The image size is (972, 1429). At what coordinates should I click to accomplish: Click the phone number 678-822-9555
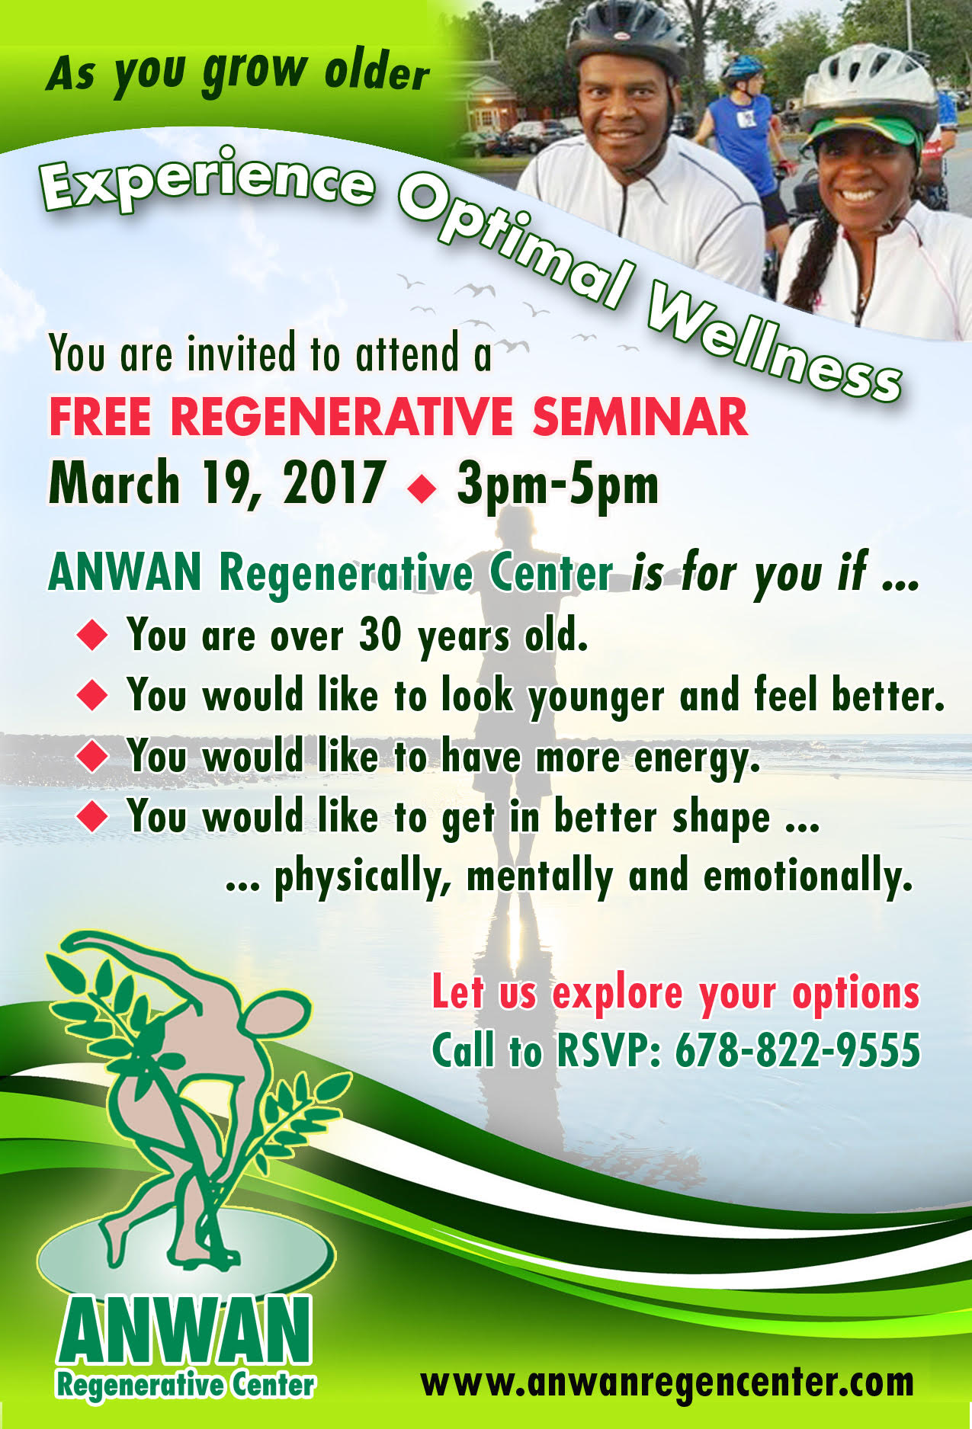click(797, 1050)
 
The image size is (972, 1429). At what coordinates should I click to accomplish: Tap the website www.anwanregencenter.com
click(667, 1382)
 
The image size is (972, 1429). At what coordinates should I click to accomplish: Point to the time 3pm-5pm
click(557, 485)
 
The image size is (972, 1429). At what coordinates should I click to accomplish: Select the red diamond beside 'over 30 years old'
click(93, 635)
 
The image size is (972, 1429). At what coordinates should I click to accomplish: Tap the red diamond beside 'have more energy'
click(93, 757)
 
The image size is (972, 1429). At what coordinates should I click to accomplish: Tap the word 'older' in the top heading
click(377, 72)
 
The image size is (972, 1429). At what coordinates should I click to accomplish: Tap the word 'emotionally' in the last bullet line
click(808, 877)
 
